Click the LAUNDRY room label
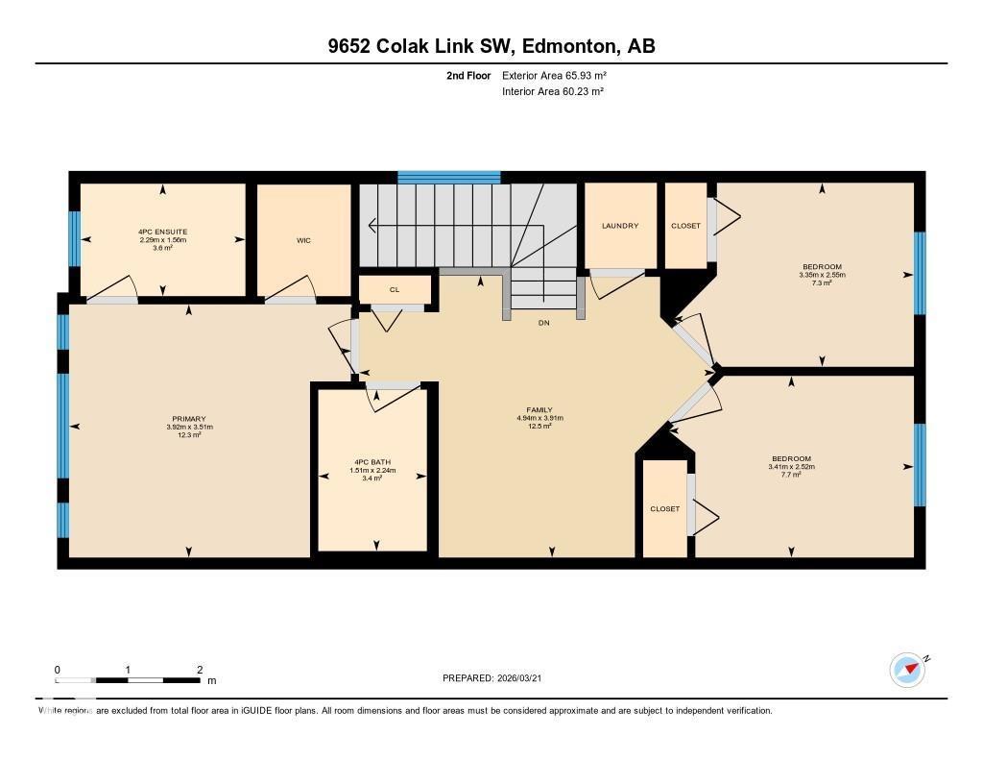click(x=620, y=226)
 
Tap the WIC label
click(x=303, y=240)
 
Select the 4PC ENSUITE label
click(x=162, y=232)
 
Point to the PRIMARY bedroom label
click(x=189, y=419)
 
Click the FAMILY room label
click(x=539, y=410)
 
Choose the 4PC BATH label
click(x=374, y=462)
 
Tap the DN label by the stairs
click(x=542, y=324)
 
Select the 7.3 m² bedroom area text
click(x=822, y=282)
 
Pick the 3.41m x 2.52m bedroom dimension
click(x=791, y=467)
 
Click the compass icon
click(x=907, y=670)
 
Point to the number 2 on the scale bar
click(x=199, y=669)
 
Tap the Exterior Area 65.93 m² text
click(x=554, y=75)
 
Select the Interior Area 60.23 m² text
click(x=552, y=91)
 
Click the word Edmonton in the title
click(x=546, y=46)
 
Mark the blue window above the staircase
click(x=449, y=177)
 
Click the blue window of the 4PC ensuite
click(x=74, y=238)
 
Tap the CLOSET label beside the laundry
click(x=685, y=226)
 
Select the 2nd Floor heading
click(x=468, y=75)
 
